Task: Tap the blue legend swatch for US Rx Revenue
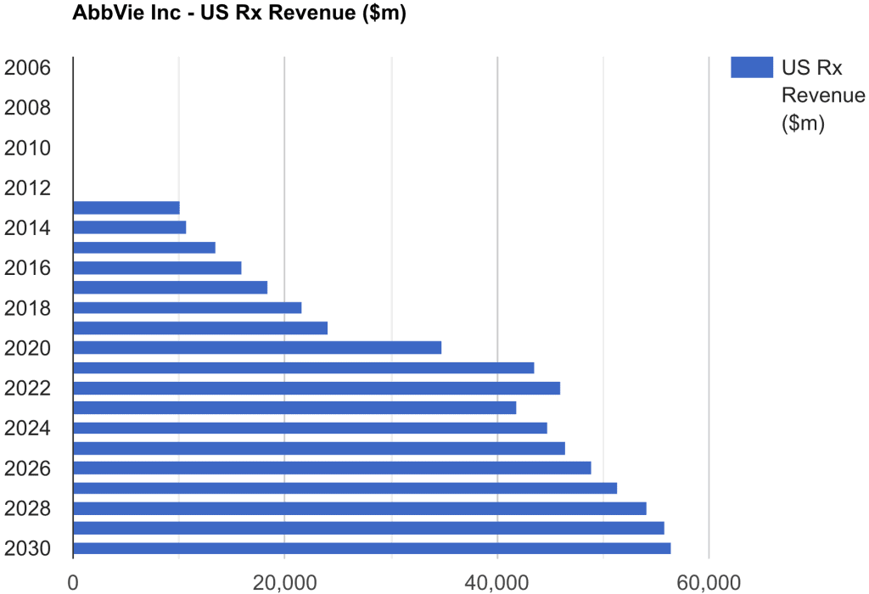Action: pyautogui.click(x=751, y=67)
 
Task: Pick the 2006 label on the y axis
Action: pyautogui.click(x=27, y=67)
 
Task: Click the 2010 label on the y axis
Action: pyautogui.click(x=27, y=148)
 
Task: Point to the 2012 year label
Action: pyautogui.click(x=27, y=188)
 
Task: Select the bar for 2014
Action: pyautogui.click(x=130, y=227)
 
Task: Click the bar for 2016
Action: pyautogui.click(x=157, y=268)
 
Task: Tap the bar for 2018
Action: pyautogui.click(x=188, y=308)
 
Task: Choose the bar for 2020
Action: pyautogui.click(x=257, y=348)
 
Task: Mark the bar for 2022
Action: pyautogui.click(x=317, y=389)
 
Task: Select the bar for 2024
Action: pyautogui.click(x=311, y=429)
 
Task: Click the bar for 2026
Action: pyautogui.click(x=332, y=468)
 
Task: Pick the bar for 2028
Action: pyautogui.click(x=360, y=508)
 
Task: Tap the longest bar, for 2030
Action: pyautogui.click(x=372, y=548)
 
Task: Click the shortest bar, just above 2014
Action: pyautogui.click(x=126, y=208)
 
